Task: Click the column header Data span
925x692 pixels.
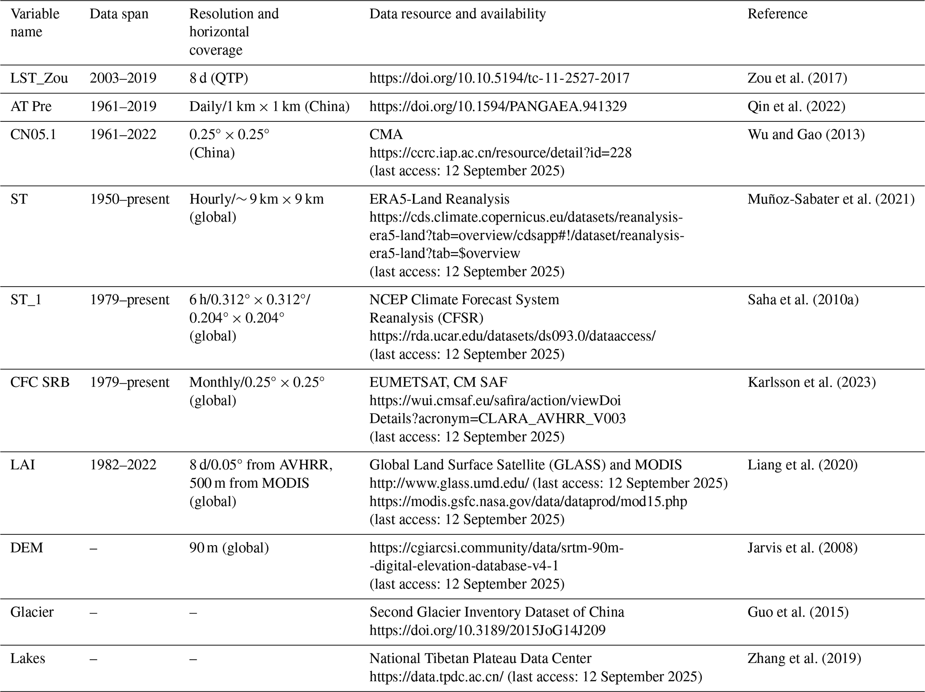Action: pos(119,14)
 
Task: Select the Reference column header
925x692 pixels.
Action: pos(777,14)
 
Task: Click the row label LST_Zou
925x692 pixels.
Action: pos(39,78)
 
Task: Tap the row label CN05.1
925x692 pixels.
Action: pos(34,134)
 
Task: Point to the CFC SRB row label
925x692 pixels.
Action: pos(40,382)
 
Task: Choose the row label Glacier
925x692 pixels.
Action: pos(32,612)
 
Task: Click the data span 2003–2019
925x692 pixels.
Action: pos(123,78)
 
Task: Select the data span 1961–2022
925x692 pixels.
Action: pos(123,134)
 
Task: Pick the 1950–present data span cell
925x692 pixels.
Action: pos(130,199)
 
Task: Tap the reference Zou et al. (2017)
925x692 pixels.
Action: pos(797,78)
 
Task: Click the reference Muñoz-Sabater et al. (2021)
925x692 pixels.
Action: pos(831,199)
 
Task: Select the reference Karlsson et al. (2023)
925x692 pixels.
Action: pos(811,382)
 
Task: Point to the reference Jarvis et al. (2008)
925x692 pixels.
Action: pos(802,548)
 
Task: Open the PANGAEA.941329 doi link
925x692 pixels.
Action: pos(498,106)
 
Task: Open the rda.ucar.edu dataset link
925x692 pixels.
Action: pos(512,336)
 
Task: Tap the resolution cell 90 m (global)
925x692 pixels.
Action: pos(229,548)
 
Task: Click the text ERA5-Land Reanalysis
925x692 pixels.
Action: pos(439,199)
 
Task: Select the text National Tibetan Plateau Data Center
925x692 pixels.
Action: pos(480,658)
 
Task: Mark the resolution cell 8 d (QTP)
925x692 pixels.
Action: pos(218,78)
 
